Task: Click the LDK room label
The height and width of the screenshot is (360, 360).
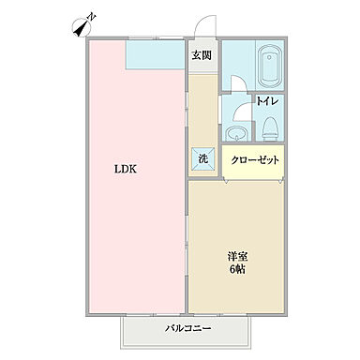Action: [x=127, y=170]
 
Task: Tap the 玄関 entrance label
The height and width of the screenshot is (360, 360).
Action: [x=201, y=56]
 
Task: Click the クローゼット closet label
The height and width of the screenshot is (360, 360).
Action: [x=256, y=159]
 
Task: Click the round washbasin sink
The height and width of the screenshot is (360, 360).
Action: [x=237, y=130]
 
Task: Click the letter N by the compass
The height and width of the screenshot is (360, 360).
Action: [x=91, y=17]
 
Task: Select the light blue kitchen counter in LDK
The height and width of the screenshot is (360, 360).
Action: [x=156, y=55]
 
